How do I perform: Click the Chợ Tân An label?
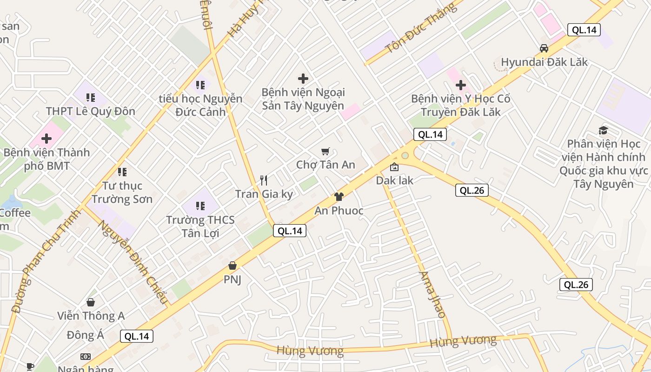325,165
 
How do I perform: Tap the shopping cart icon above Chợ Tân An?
325,151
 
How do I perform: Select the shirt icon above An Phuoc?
339,197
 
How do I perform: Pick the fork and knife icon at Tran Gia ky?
264,180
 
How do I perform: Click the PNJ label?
232,279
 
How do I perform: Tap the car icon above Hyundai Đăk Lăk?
544,48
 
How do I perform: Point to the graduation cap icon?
603,130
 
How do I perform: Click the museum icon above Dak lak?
394,166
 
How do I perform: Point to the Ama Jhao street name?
432,295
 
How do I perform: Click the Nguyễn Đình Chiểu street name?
133,262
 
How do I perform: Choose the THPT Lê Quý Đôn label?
91,111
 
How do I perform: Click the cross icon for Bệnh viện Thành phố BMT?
46,138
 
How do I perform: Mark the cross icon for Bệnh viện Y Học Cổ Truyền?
461,85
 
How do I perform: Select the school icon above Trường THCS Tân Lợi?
200,205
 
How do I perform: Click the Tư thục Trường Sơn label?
122,192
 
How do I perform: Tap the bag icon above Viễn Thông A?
91,302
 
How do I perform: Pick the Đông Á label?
85,335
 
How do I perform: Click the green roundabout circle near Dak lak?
405,155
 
